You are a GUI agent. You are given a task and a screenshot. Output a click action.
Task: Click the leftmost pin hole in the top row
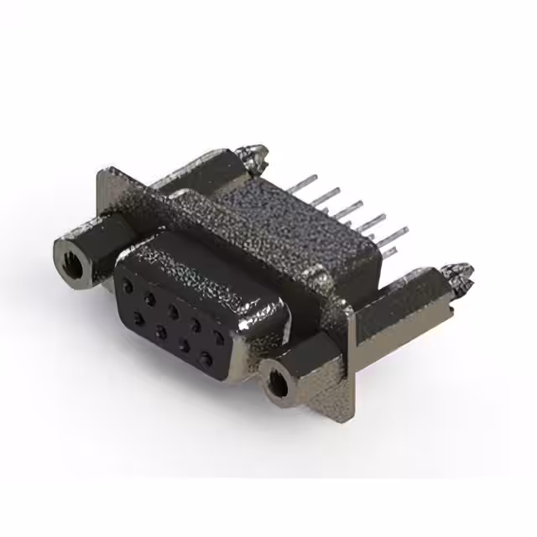pyautogui.click(x=127, y=284)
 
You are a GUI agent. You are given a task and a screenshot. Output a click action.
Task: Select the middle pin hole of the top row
pyautogui.click(x=172, y=310)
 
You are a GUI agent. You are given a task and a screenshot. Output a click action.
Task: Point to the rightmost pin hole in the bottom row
pyautogui.click(x=206, y=360)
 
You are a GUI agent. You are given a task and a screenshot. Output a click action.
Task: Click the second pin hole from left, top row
pyautogui.click(x=149, y=297)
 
